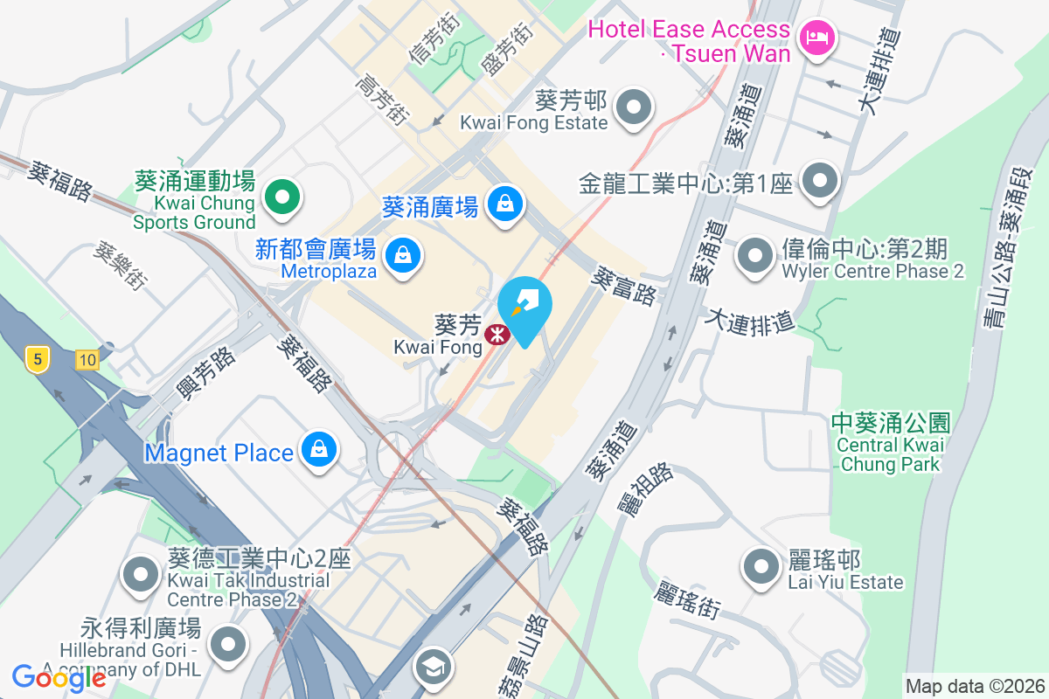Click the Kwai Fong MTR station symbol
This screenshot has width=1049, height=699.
coord(497,334)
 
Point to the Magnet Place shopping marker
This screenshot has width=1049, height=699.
coord(319,450)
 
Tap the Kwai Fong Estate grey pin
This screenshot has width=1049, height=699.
coord(634,108)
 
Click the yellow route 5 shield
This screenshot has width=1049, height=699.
coord(36,359)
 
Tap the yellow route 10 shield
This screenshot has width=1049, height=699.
coord(86,359)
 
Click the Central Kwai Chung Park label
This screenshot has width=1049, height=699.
coord(890,444)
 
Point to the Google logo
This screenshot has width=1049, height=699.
coord(59,677)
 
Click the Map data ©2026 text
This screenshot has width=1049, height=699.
coord(975,686)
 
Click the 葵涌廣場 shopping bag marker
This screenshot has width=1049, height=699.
coord(504,204)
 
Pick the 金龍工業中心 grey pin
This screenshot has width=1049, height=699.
coord(820,181)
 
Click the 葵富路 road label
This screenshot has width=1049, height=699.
coord(623,286)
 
